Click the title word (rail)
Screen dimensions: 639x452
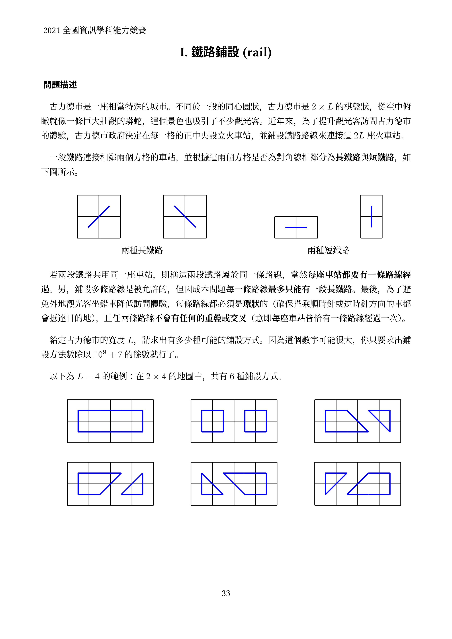(x=257, y=52)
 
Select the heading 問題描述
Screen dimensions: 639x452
(x=60, y=85)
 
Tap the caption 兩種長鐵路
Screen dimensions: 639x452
(x=142, y=250)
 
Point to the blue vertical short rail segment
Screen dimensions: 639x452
(x=371, y=217)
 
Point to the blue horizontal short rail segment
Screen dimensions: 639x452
(x=296, y=227)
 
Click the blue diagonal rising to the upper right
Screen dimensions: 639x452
(x=99, y=217)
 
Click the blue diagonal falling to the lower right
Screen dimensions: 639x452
(x=185, y=217)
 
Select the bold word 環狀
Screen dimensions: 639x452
(x=251, y=304)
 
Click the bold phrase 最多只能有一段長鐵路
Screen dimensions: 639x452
(x=310, y=289)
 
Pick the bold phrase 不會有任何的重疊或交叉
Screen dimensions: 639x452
(x=200, y=318)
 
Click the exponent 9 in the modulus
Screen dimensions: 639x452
(x=104, y=352)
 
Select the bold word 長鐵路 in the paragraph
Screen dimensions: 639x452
(x=348, y=158)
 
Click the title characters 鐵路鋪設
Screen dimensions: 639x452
(x=215, y=52)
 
